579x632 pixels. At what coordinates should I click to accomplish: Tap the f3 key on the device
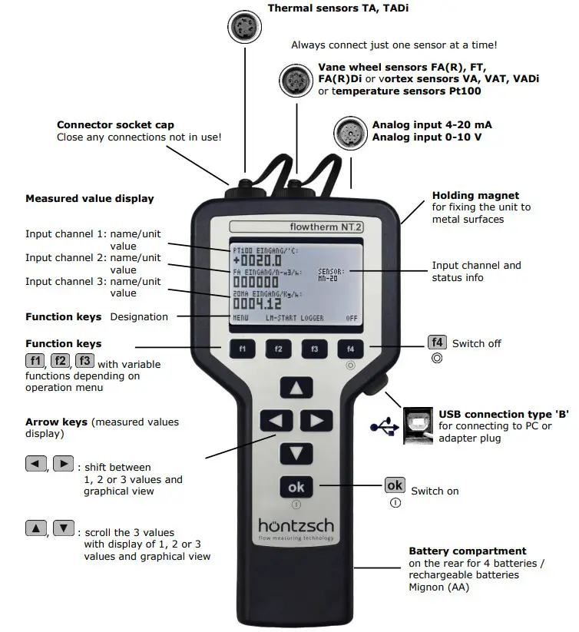pyautogui.click(x=314, y=349)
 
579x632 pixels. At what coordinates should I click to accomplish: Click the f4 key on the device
pyautogui.click(x=350, y=349)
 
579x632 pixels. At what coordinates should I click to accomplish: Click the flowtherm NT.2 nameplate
pyautogui.click(x=296, y=227)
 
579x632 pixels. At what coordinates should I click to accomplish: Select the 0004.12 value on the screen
pyautogui.click(x=257, y=304)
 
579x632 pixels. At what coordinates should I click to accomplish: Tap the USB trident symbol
pyautogui.click(x=384, y=424)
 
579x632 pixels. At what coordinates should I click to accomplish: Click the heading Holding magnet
pyautogui.click(x=475, y=196)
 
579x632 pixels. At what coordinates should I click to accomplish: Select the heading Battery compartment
pyautogui.click(x=467, y=551)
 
